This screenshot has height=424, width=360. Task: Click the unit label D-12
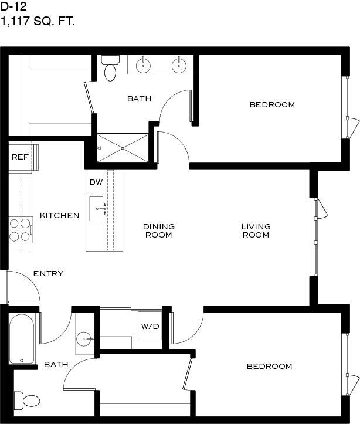coord(13,7)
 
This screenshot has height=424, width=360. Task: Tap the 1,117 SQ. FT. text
coord(38,21)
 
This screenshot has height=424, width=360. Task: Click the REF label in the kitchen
coord(20,157)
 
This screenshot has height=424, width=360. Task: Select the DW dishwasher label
coord(96,182)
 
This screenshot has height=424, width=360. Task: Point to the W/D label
coord(150,327)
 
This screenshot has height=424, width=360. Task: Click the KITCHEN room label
coord(60,215)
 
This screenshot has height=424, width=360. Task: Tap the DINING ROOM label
coord(159,230)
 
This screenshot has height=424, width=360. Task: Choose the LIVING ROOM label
coord(256,230)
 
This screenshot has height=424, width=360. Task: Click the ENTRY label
coord(49,274)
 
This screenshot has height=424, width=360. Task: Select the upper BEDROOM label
coord(272,104)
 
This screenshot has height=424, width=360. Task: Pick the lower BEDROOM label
coord(270,366)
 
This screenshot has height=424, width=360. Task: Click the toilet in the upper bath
coord(110,68)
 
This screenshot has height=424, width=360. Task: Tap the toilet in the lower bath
coord(28,401)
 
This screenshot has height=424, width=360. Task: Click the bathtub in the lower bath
coord(22,338)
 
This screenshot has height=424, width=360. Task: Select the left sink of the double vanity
coord(143,65)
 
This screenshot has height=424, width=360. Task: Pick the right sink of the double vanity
coord(179,65)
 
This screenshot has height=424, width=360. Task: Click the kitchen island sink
coord(97,209)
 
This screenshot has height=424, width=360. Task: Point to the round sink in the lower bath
coord(84,339)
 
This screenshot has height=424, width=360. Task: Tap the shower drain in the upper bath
coord(123,148)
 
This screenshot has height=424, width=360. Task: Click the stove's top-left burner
coord(14,223)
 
